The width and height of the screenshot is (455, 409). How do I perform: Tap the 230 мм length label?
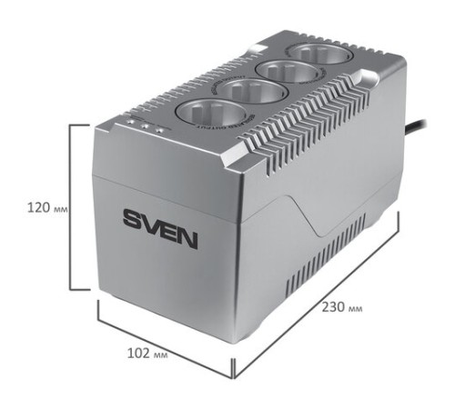[x=341, y=307]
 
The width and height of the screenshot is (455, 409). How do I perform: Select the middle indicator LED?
[x=145, y=125]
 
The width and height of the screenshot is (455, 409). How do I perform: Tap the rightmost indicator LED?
[x=158, y=131]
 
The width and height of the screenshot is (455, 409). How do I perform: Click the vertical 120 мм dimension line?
[x=73, y=207]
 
